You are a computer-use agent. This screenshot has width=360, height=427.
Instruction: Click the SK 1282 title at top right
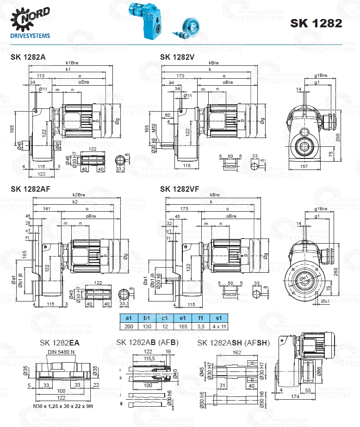coord(316,24)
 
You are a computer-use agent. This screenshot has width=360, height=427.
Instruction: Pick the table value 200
coord(129,327)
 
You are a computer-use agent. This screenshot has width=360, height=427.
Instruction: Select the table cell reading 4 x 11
coord(217,327)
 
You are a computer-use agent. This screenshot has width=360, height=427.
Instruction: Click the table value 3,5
coord(199,327)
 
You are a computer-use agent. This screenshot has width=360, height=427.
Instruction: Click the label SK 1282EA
coord(60,343)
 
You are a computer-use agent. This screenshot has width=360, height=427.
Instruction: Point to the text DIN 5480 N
coord(61,352)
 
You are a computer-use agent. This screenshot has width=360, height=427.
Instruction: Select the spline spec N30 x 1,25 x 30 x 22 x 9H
coord(60,406)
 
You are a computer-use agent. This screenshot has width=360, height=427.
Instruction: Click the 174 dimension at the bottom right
coord(307,397)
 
